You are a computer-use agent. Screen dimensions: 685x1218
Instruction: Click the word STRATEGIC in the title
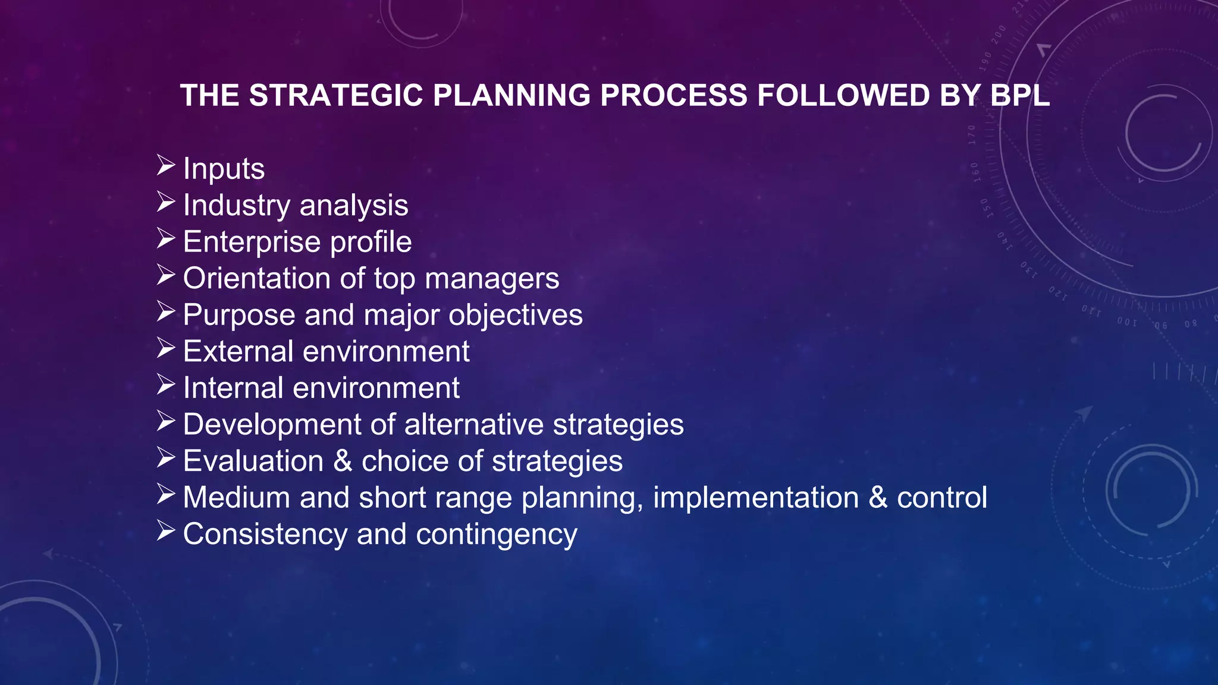pyautogui.click(x=336, y=96)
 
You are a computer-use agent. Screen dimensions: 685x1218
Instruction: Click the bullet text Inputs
pyautogui.click(x=224, y=169)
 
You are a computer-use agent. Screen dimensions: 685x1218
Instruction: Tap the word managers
pyautogui.click(x=492, y=279)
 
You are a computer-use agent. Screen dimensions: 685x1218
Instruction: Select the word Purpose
pyautogui.click(x=239, y=315)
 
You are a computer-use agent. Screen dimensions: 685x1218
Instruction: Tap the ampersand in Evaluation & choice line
pyautogui.click(x=343, y=461)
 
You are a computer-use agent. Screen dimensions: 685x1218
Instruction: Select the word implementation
pyautogui.click(x=756, y=498)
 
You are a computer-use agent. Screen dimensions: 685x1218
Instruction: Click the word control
pyautogui.click(x=942, y=498)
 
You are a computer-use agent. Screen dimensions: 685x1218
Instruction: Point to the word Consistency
pyautogui.click(x=265, y=535)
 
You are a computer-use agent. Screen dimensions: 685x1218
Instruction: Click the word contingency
pyautogui.click(x=497, y=535)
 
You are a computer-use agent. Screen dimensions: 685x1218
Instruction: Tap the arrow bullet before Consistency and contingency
pyautogui.click(x=166, y=531)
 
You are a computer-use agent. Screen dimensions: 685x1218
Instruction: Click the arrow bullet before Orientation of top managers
pyautogui.click(x=166, y=275)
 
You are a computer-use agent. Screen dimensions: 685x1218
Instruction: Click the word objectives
pyautogui.click(x=516, y=315)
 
